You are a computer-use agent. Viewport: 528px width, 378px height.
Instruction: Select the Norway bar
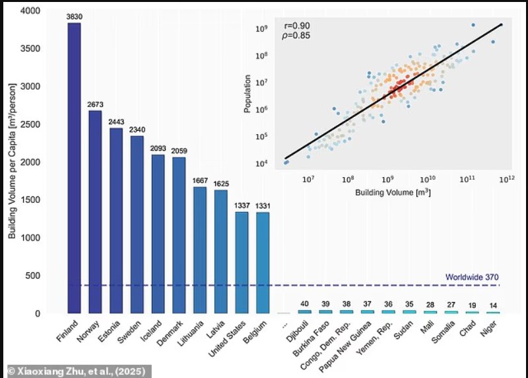coord(95,211)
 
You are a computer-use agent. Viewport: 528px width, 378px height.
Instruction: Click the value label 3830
coord(74,16)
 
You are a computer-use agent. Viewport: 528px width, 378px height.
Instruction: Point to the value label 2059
coord(180,151)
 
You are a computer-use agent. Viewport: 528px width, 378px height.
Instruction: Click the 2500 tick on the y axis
coord(30,124)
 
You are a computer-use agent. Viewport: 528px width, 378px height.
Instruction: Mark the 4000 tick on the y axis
coord(30,11)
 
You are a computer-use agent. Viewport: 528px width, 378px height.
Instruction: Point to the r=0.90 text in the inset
coord(284,26)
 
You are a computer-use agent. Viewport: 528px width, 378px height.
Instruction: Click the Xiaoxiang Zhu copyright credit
coord(79,370)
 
